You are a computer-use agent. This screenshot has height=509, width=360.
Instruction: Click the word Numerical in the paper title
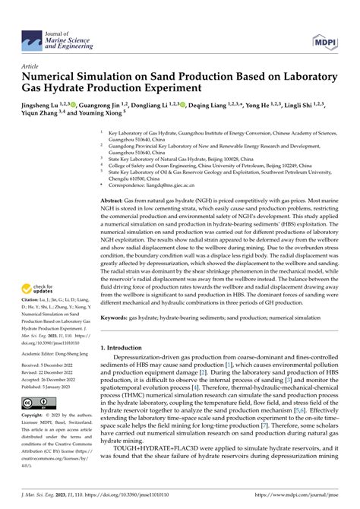[x=54, y=77]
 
